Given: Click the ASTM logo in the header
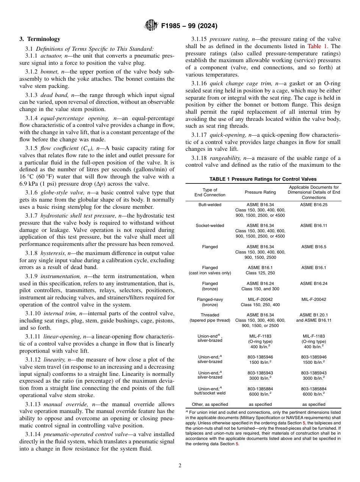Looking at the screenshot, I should [152, 26].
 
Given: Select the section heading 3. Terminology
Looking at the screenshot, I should [40, 39].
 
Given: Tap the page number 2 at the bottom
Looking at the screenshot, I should [180, 465].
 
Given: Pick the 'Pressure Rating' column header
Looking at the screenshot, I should [260, 192].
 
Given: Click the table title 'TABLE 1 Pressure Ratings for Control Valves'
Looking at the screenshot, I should [263, 179].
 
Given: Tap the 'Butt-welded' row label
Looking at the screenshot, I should [210, 205].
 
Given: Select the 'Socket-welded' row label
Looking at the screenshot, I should [210, 225].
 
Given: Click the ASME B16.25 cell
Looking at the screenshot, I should [314, 205].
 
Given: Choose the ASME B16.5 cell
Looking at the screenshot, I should [314, 247].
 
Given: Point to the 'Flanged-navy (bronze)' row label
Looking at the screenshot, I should [210, 302].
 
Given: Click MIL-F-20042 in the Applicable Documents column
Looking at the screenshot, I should [314, 299].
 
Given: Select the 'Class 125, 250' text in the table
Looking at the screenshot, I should [260, 273].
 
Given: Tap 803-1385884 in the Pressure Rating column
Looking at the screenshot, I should [260, 389].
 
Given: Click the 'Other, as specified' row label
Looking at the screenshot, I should [210, 404].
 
